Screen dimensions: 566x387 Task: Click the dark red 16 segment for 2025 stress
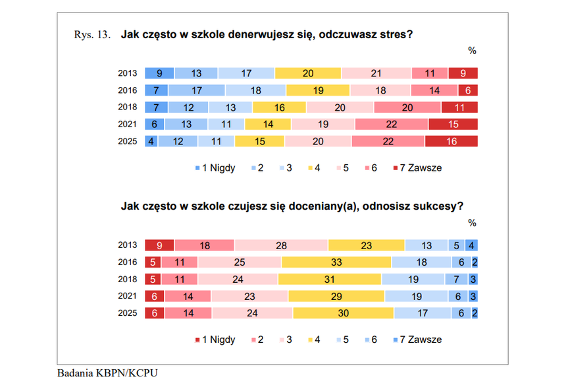[451, 142]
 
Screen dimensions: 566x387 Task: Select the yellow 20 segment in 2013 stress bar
[308, 73]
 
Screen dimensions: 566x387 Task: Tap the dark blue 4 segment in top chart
[151, 142]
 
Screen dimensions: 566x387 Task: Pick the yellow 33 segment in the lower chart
[336, 262]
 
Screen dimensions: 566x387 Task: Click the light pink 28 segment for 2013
[281, 245]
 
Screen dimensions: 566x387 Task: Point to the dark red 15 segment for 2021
[453, 124]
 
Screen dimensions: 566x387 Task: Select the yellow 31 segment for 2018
[330, 280]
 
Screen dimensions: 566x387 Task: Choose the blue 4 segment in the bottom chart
[471, 245]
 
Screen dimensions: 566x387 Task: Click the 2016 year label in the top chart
[128, 90]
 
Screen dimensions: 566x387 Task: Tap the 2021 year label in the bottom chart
[128, 296]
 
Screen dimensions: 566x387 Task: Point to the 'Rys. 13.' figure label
[92, 34]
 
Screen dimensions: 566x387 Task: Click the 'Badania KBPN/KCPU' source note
[107, 373]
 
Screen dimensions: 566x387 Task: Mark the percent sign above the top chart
[472, 51]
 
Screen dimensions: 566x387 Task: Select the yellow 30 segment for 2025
[344, 313]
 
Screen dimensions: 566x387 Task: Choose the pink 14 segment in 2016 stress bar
[434, 90]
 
